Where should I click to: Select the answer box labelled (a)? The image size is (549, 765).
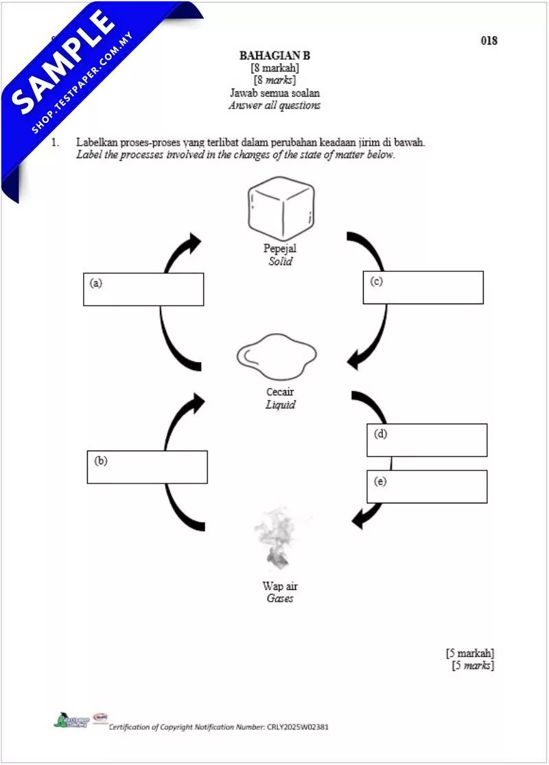143,289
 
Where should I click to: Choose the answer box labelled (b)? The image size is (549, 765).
147,467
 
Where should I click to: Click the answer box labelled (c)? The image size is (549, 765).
423,287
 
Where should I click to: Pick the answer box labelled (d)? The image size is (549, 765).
427,440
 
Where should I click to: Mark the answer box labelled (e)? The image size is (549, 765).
427,486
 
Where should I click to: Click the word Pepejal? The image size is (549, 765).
280,249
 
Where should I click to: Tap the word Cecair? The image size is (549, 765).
280,392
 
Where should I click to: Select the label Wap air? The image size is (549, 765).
280,586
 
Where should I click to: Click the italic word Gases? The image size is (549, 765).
280,599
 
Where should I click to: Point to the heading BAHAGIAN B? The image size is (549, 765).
274,56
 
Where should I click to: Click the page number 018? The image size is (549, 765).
489,41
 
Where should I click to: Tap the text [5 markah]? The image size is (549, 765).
469,653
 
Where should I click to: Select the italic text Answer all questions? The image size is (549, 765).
274,106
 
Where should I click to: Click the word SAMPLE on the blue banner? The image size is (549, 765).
65,61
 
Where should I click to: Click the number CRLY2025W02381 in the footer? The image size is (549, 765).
297,727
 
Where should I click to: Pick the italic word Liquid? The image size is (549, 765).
280,405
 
